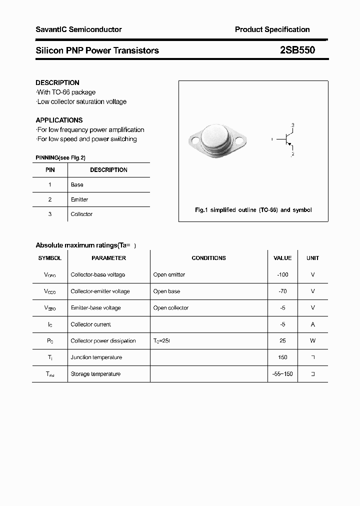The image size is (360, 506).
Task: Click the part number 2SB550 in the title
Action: (x=297, y=50)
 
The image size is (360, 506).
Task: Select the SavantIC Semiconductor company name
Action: (x=78, y=29)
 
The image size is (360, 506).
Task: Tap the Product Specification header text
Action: (x=272, y=29)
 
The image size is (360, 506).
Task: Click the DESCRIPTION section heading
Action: (x=57, y=82)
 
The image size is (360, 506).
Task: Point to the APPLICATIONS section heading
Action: (x=59, y=120)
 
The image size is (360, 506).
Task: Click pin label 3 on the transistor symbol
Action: (x=293, y=124)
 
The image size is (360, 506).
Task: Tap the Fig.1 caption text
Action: (x=253, y=210)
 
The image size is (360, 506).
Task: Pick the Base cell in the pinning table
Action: (x=77, y=184)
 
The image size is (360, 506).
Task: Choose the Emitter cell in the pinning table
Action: (x=79, y=199)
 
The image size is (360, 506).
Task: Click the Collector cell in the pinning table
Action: (x=81, y=214)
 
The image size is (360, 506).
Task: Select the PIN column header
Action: (x=50, y=170)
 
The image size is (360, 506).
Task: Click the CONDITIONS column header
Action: (x=208, y=258)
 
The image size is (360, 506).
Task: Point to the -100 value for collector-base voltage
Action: (x=282, y=274)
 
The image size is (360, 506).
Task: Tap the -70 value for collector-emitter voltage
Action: (x=282, y=291)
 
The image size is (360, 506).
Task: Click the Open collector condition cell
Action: (x=171, y=307)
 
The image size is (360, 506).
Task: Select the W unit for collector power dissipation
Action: (x=313, y=340)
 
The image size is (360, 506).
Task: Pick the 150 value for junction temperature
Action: (x=282, y=357)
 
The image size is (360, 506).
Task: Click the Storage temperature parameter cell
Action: (x=95, y=373)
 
